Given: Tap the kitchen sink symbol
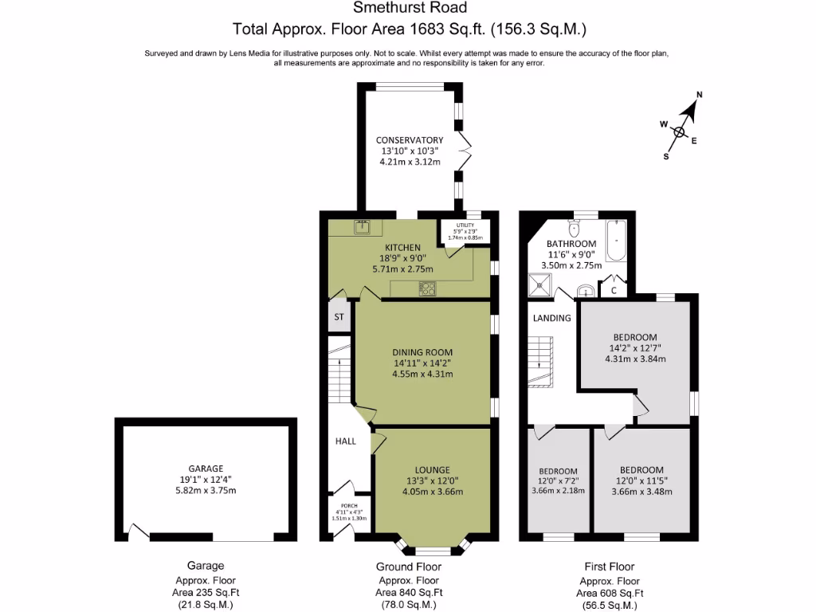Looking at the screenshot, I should click(363, 228).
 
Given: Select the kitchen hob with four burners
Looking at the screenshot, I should click(428, 288).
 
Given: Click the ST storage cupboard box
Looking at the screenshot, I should click(339, 317).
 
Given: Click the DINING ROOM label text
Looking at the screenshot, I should click(422, 352).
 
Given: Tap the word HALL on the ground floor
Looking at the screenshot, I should click(345, 441).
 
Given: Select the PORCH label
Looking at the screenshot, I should click(348, 506).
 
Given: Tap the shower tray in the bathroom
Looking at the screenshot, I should click(542, 283).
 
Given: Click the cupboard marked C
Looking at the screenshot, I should click(613, 290).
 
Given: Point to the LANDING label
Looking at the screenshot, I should click(551, 318).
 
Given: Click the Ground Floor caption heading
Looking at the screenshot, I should click(409, 567).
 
